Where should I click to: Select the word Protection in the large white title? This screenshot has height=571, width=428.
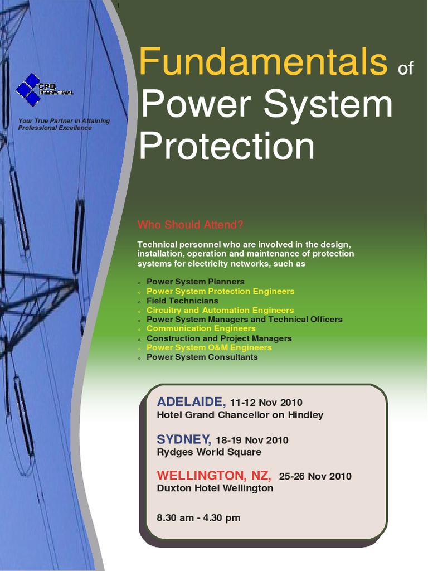(227, 146)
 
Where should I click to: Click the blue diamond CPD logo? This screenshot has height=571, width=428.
(29, 90)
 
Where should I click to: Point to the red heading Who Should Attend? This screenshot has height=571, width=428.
(191, 225)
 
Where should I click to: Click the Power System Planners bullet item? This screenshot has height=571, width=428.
(195, 282)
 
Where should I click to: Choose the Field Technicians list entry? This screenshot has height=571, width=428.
(182, 301)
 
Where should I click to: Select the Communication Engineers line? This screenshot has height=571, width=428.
(201, 328)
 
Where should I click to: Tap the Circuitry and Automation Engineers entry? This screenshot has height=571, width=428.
(220, 310)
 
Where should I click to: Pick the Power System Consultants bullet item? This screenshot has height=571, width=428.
(202, 357)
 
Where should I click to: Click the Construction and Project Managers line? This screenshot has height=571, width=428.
(219, 338)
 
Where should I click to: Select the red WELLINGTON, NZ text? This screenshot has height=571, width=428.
(214, 476)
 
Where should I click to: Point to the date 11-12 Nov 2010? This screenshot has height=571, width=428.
(266, 403)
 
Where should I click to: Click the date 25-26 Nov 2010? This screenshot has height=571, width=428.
(315, 476)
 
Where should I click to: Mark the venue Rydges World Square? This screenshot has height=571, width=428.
(209, 452)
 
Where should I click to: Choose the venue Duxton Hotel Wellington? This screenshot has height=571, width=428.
(215, 488)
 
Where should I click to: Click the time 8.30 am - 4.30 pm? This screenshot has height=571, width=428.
(198, 517)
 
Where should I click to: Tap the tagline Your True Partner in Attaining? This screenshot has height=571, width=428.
(64, 121)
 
